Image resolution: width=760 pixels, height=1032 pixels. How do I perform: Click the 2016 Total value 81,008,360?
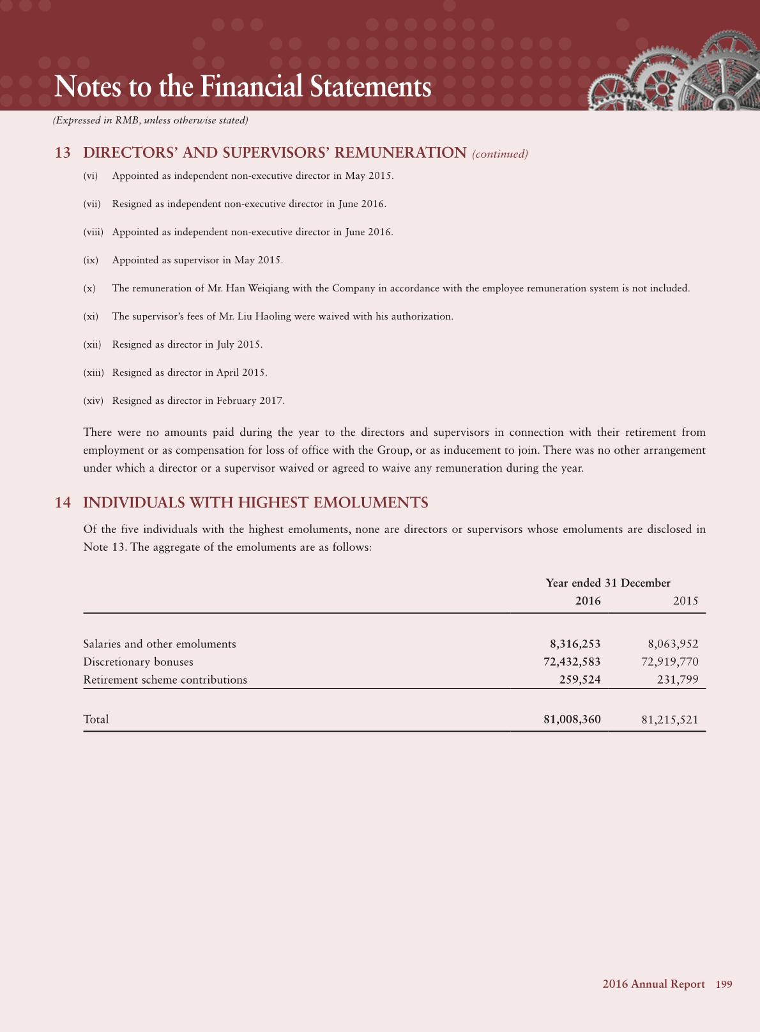point(572,720)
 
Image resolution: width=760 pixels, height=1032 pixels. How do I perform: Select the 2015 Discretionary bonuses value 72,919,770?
point(669,662)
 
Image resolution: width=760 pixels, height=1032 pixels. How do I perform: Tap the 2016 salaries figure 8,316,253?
point(575,644)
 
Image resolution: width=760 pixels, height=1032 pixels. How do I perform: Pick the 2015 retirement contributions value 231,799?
point(678,680)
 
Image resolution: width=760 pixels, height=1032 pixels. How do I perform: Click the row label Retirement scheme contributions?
point(165,680)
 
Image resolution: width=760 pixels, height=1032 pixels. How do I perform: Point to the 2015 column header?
point(685,601)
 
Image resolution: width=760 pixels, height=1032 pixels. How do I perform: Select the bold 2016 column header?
point(588,601)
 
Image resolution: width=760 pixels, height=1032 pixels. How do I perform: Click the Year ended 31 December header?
point(608,583)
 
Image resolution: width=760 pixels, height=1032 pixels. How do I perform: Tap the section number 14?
point(63,503)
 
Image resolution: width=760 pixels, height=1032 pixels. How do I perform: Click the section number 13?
point(63,153)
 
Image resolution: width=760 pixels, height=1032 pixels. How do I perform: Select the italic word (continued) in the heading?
point(499,154)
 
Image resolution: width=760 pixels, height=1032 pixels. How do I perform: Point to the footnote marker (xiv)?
point(93,401)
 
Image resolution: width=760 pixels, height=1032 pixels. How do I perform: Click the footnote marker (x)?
point(89,289)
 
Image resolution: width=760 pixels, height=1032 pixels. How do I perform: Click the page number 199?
point(724,984)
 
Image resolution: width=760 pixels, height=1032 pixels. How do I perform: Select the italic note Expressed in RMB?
point(150,121)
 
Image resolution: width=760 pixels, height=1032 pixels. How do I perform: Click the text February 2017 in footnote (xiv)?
point(250,401)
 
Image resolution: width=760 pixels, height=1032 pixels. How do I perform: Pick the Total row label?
point(96,720)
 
